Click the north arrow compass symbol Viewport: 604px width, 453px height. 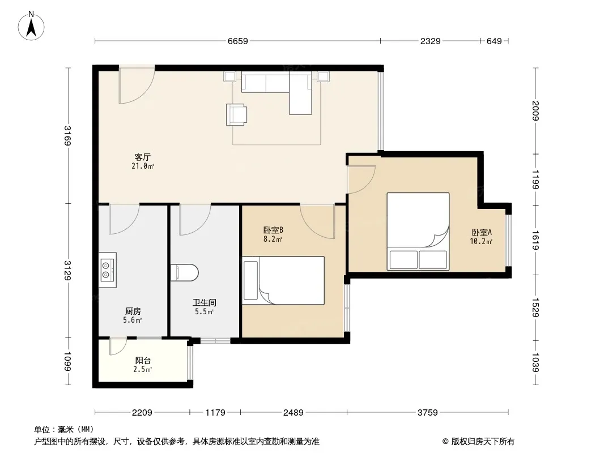coord(31,26)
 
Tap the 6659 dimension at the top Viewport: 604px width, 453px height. coord(237,41)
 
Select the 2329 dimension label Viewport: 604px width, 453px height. coord(430,41)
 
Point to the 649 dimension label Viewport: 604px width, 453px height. coord(494,41)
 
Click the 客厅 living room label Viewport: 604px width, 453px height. coord(143,157)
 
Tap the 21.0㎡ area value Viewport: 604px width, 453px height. coord(143,166)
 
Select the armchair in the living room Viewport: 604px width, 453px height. coord(236,115)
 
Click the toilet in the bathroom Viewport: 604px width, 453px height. coord(185,272)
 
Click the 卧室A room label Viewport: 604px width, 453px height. coord(482,233)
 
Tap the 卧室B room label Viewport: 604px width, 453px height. coord(273,230)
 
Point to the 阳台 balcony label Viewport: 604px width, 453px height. coord(143,361)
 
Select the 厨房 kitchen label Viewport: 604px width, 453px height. coord(133,311)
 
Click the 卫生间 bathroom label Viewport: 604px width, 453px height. coord(204,302)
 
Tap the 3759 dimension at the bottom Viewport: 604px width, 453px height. coord(428,413)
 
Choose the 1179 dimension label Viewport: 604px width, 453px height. coord(215,413)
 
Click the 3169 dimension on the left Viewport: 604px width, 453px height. coord(67,135)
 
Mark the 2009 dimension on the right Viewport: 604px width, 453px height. coord(535,110)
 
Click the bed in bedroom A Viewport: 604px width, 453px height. coord(418,231)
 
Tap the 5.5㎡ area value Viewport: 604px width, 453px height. coord(204,312)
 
